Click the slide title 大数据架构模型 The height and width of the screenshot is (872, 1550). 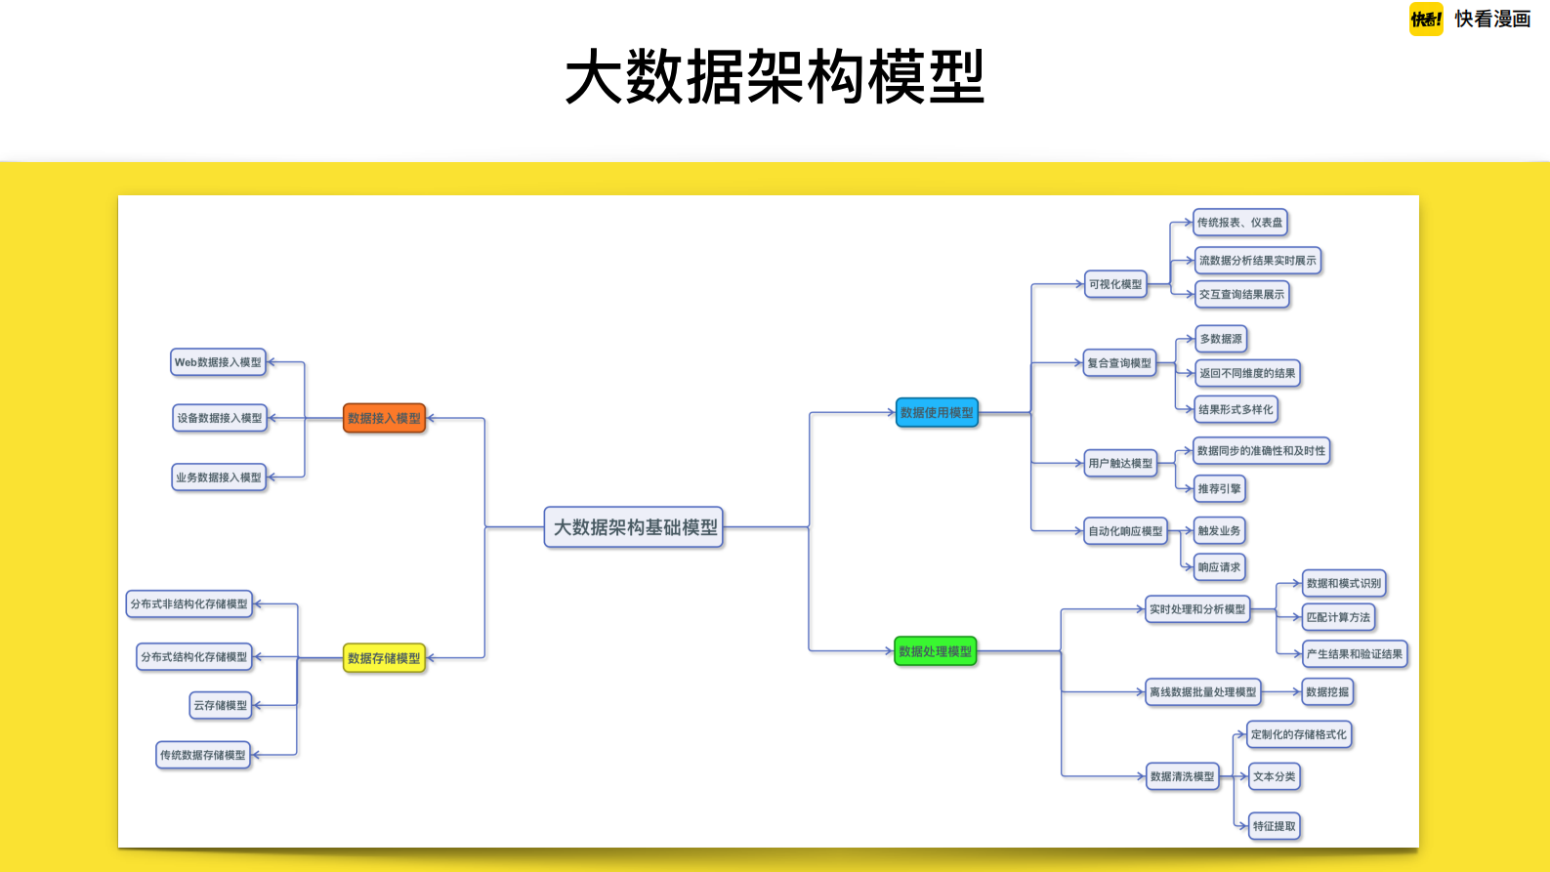pyautogui.click(x=775, y=77)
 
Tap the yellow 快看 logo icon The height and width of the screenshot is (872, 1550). pyautogui.click(x=1426, y=20)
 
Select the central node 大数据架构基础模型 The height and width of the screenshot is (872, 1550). pyautogui.click(x=634, y=527)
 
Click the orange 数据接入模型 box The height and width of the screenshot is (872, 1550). pyautogui.click(x=384, y=418)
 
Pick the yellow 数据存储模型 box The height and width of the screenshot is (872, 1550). pyautogui.click(x=384, y=658)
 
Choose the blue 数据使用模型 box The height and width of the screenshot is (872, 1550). pyautogui.click(x=937, y=412)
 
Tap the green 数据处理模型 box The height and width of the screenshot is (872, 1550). pyautogui.click(x=935, y=651)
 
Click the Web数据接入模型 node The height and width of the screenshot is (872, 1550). pyautogui.click(x=218, y=362)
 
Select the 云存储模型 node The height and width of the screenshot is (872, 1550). pyautogui.click(x=221, y=705)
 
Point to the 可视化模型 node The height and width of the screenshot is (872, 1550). pyautogui.click(x=1115, y=284)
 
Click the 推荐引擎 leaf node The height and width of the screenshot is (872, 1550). pyautogui.click(x=1219, y=488)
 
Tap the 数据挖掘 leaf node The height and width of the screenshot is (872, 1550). pyautogui.click(x=1327, y=691)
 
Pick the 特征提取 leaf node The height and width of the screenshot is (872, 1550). pyautogui.click(x=1275, y=826)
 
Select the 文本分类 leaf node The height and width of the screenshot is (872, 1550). pyautogui.click(x=1275, y=776)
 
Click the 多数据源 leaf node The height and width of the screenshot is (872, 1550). pyautogui.click(x=1221, y=339)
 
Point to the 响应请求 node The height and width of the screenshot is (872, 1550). pyautogui.click(x=1219, y=566)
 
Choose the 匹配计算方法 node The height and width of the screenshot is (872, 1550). pyautogui.click(x=1338, y=617)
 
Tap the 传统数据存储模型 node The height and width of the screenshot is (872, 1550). pyautogui.click(x=203, y=755)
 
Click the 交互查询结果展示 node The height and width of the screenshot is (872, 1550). pyautogui.click(x=1241, y=294)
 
